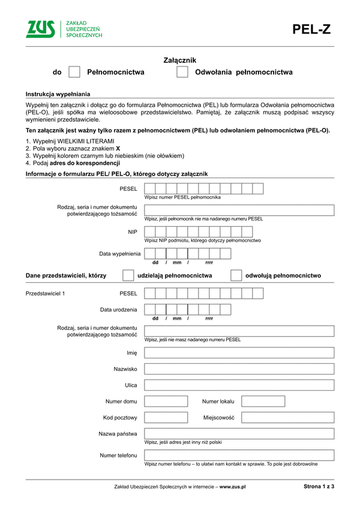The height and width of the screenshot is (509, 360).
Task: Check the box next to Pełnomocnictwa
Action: pyautogui.click(x=74, y=73)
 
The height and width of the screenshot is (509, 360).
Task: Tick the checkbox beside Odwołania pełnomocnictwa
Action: pyautogui.click(x=182, y=73)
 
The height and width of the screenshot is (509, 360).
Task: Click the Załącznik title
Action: pyautogui.click(x=180, y=60)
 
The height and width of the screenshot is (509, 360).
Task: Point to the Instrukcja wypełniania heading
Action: pyautogui.click(x=58, y=94)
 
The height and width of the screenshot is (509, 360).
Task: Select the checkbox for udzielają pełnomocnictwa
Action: pyautogui.click(x=128, y=275)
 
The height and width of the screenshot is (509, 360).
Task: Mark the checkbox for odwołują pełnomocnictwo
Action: pyautogui.click(x=236, y=275)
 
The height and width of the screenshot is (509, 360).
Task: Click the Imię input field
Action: pyautogui.click(x=239, y=353)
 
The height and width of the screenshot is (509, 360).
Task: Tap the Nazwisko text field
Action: pyautogui.click(x=239, y=369)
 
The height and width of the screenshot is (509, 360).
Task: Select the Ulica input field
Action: pyautogui.click(x=239, y=385)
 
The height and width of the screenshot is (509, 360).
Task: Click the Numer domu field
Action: pyautogui.click(x=166, y=401)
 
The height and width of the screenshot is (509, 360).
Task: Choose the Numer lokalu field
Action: pyautogui.click(x=263, y=401)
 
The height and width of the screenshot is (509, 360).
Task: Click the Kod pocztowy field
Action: pyautogui.click(x=166, y=417)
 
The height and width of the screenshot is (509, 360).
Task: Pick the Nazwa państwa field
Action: pyautogui.click(x=239, y=433)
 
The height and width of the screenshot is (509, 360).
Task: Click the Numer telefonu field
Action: pyautogui.click(x=239, y=456)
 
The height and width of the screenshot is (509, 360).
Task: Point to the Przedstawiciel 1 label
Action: pyautogui.click(x=45, y=294)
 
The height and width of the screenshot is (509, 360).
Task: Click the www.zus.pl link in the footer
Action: pyautogui.click(x=233, y=487)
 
